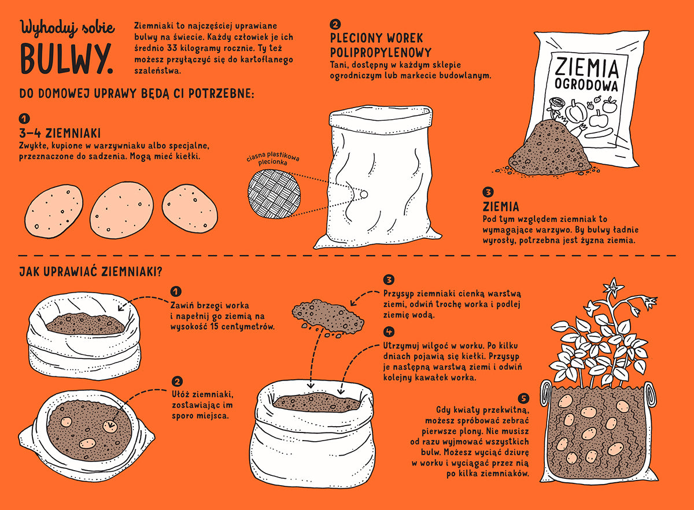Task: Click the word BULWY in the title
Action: [x=67, y=58]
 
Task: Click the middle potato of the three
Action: [x=122, y=210]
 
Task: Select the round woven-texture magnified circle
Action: [x=274, y=194]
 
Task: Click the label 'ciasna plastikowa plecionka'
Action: [x=273, y=158]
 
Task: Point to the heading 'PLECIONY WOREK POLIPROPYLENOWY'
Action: [x=381, y=45]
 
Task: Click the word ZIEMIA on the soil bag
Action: [x=586, y=68]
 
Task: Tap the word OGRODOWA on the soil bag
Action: [x=586, y=84]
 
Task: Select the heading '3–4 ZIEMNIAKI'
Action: [x=60, y=133]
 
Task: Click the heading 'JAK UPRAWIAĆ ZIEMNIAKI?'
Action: [x=90, y=272]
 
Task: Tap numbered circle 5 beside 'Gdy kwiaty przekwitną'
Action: [x=523, y=398]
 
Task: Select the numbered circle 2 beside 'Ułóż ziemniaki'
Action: [x=176, y=382]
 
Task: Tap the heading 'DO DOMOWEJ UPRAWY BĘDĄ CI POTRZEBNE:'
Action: [x=136, y=93]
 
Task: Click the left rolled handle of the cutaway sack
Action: [x=546, y=394]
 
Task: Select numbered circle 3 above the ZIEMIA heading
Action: [x=488, y=192]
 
